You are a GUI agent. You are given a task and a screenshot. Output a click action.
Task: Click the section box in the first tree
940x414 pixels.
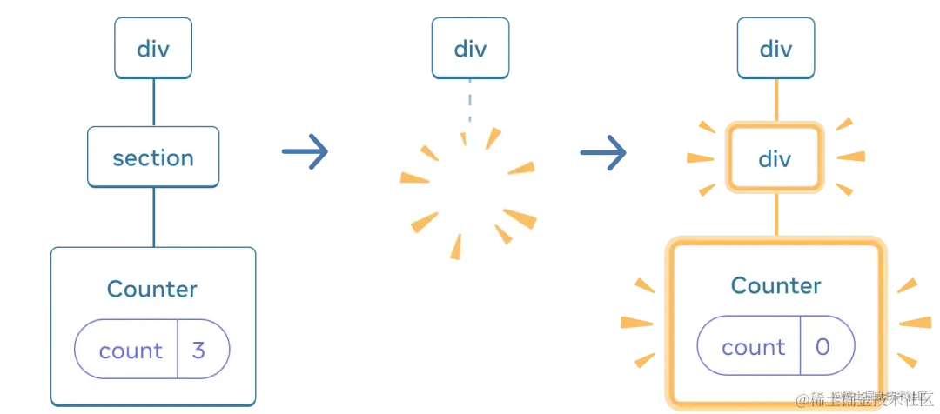point(153,157)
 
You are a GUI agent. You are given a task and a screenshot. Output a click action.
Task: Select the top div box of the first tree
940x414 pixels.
point(153,48)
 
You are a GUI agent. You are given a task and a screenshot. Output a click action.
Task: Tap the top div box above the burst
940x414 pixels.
point(470,48)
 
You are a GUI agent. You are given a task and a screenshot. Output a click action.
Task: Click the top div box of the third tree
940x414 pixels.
point(775,48)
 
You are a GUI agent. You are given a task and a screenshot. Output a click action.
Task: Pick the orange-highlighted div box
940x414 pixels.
point(775,158)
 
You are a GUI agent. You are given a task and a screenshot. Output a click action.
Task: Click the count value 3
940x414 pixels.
point(199,351)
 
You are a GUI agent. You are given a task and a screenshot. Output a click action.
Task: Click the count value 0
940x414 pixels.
point(822,347)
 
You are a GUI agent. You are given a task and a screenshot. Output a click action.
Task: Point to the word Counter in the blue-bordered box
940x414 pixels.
point(152,289)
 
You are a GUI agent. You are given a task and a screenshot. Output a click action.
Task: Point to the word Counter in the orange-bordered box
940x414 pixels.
point(775,285)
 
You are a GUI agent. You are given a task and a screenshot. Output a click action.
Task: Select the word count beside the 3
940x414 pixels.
point(131,351)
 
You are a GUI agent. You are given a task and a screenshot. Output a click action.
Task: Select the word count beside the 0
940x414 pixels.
point(754,347)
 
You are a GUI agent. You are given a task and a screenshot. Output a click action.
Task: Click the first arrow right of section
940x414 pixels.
point(305,153)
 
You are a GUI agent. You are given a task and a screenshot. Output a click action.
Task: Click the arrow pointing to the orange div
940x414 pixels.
point(602,153)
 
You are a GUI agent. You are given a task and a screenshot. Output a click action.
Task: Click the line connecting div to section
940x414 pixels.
point(154,102)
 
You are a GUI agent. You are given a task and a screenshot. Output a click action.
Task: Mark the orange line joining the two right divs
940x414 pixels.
point(775,102)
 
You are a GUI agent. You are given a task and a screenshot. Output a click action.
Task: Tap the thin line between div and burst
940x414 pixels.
point(470,100)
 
